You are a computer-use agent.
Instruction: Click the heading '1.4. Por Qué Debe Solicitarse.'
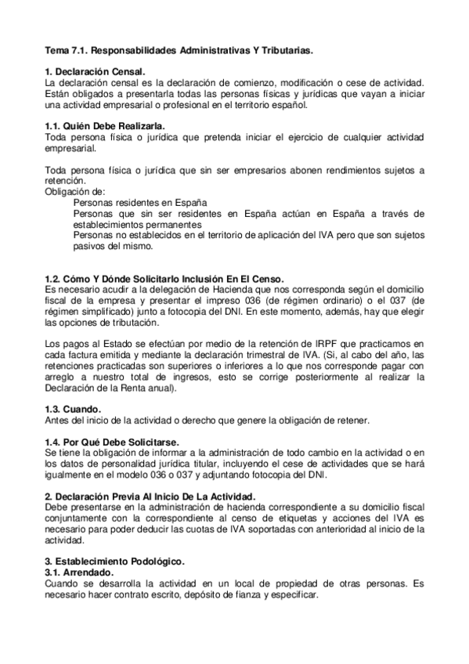pyautogui.click(x=111, y=442)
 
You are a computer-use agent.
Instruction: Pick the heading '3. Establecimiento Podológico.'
pyautogui.click(x=114, y=561)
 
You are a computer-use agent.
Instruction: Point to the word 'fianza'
pyautogui.click(x=240, y=595)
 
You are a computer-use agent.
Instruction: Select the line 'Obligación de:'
pyautogui.click(x=74, y=191)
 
